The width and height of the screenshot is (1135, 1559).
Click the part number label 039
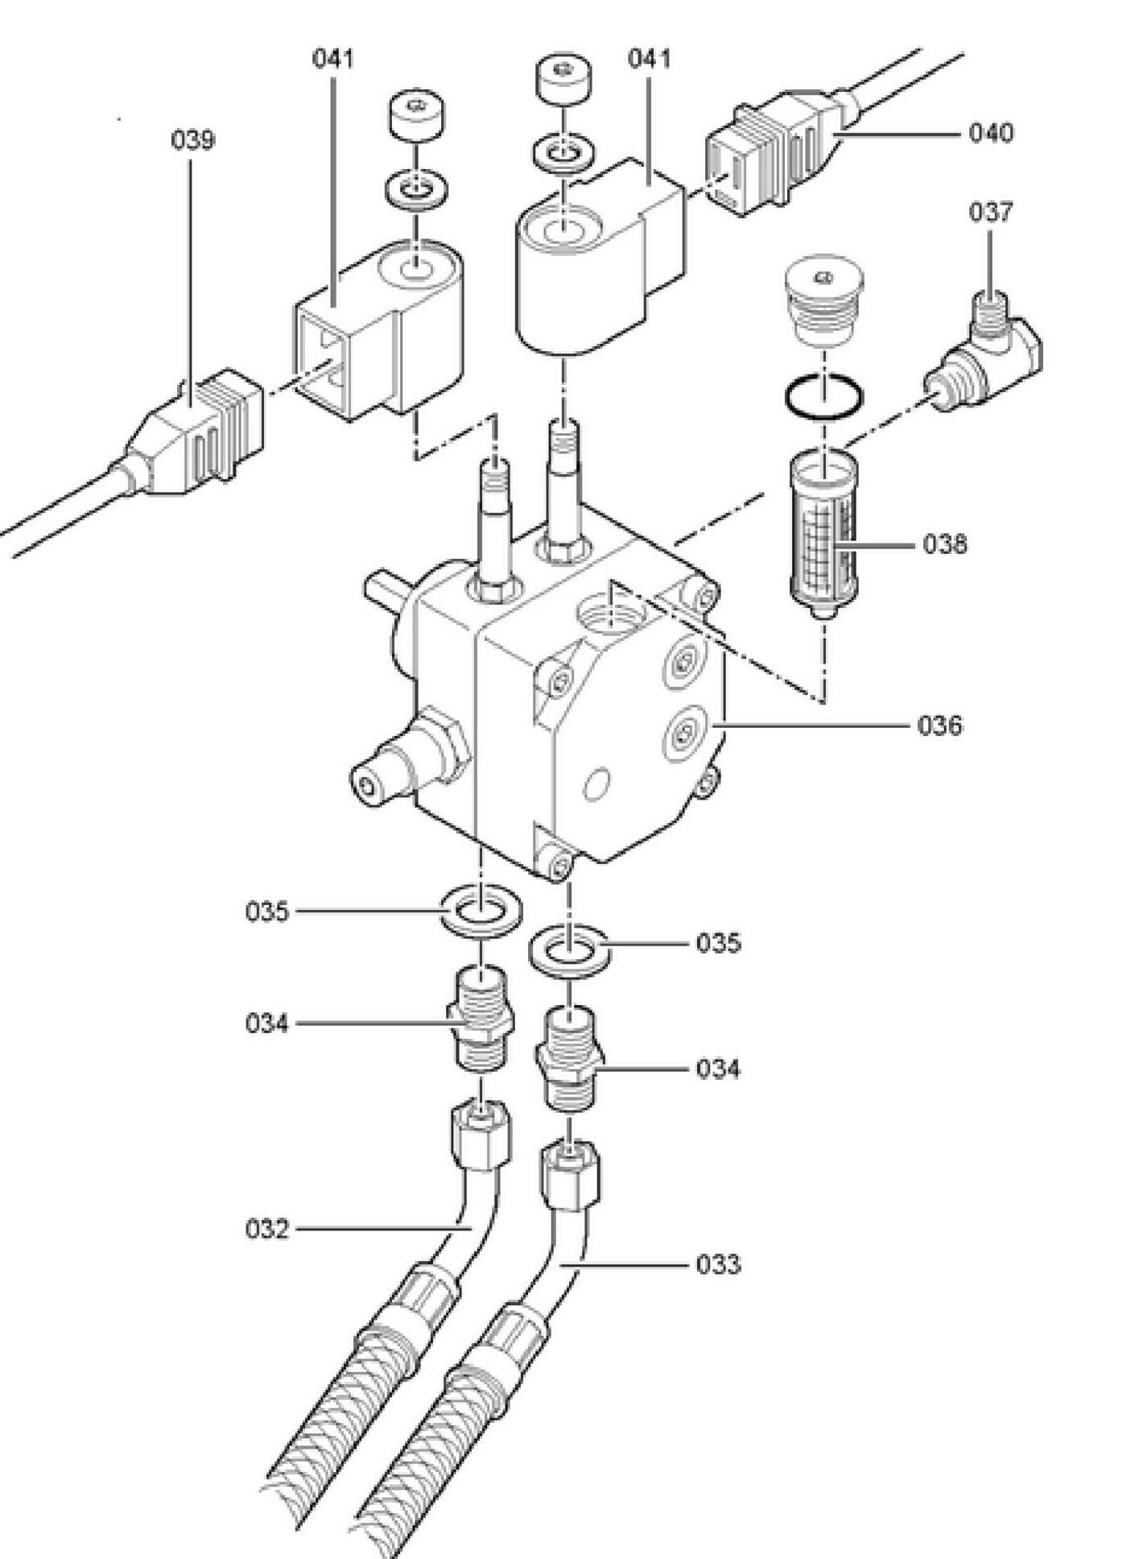(193, 140)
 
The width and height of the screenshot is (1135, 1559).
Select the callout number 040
(991, 132)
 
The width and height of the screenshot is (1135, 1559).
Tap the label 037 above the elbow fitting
(991, 212)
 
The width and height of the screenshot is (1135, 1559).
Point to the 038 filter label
(945, 544)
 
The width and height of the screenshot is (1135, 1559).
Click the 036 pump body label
(940, 726)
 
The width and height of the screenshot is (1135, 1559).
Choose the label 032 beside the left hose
(267, 1229)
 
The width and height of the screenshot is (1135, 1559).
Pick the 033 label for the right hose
(718, 1264)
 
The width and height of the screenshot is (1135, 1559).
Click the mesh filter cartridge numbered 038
(823, 535)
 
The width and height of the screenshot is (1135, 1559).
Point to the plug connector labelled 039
(192, 435)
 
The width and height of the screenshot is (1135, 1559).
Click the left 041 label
(332, 59)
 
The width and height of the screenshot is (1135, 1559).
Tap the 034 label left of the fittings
(267, 1023)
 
